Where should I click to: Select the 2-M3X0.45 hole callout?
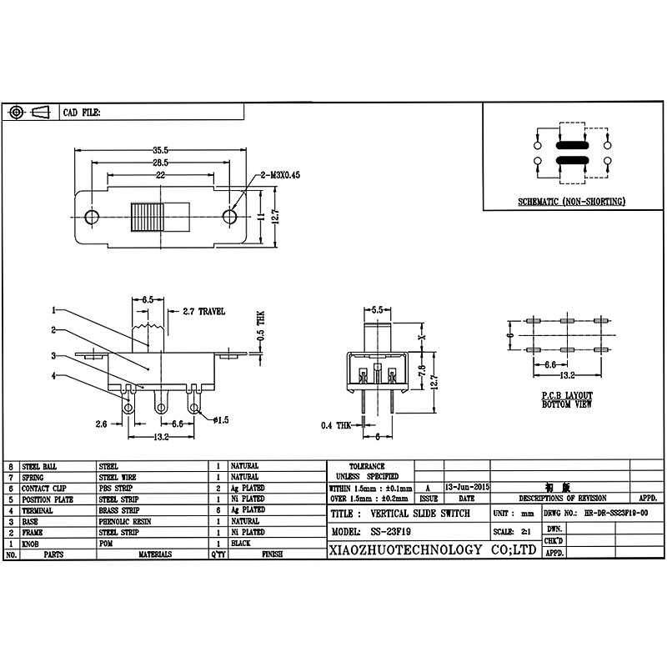pyautogui.click(x=279, y=175)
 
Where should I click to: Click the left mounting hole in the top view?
pyautogui.click(x=92, y=218)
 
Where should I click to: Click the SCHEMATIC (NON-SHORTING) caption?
pyautogui.click(x=571, y=202)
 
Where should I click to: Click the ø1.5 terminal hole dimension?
pyautogui.click(x=220, y=419)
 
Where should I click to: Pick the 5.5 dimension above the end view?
pyautogui.click(x=376, y=309)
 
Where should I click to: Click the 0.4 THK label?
pyautogui.click(x=337, y=425)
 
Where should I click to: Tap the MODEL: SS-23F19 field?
pyautogui.click(x=376, y=531)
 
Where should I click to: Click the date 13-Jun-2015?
pyautogui.click(x=467, y=486)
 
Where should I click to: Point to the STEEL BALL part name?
pyautogui.click(x=38, y=466)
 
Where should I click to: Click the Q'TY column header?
pyautogui.click(x=217, y=554)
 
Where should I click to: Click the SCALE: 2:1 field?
pyautogui.click(x=514, y=531)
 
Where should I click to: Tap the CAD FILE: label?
pyautogui.click(x=83, y=112)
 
